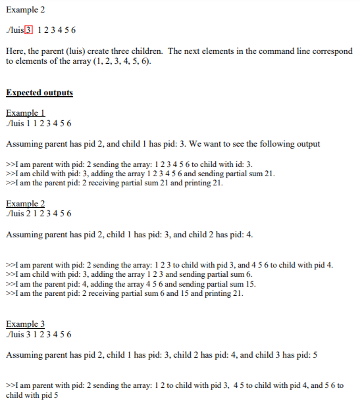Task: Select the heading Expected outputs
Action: (39, 93)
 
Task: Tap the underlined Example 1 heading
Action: (25, 113)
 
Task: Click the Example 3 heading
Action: (25, 324)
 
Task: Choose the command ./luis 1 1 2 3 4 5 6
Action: (38, 123)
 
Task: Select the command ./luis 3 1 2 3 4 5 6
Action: (38, 334)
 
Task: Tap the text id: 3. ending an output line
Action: (244, 164)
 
